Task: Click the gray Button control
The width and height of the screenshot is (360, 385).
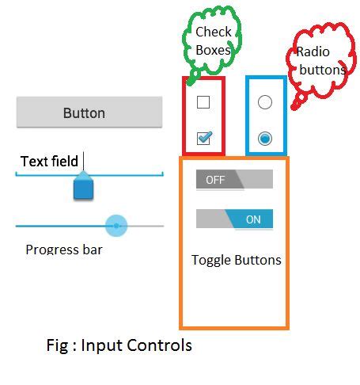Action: pos(84,112)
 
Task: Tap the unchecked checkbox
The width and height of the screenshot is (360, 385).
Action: pos(203,102)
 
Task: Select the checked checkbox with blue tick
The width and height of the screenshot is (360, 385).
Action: pos(203,139)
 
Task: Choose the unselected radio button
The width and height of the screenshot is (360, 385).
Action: pos(265,102)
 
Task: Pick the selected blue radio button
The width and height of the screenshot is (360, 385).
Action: pos(265,139)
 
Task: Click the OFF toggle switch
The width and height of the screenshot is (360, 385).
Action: pos(233,180)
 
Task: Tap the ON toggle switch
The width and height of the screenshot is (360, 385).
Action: pos(234,219)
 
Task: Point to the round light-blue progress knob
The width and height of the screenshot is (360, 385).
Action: pos(116,226)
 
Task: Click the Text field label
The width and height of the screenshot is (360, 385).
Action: pos(49,162)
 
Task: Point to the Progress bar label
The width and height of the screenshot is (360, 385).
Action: pos(64,250)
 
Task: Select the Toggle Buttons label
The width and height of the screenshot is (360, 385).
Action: pos(236,260)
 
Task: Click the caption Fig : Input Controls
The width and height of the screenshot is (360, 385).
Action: pos(119,345)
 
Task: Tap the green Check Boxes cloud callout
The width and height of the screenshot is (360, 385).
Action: pos(213,40)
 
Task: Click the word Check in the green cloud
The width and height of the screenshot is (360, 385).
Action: pos(214,32)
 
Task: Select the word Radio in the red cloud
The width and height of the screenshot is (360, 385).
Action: pos(313,52)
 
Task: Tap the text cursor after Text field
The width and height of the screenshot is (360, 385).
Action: pos(84,161)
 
